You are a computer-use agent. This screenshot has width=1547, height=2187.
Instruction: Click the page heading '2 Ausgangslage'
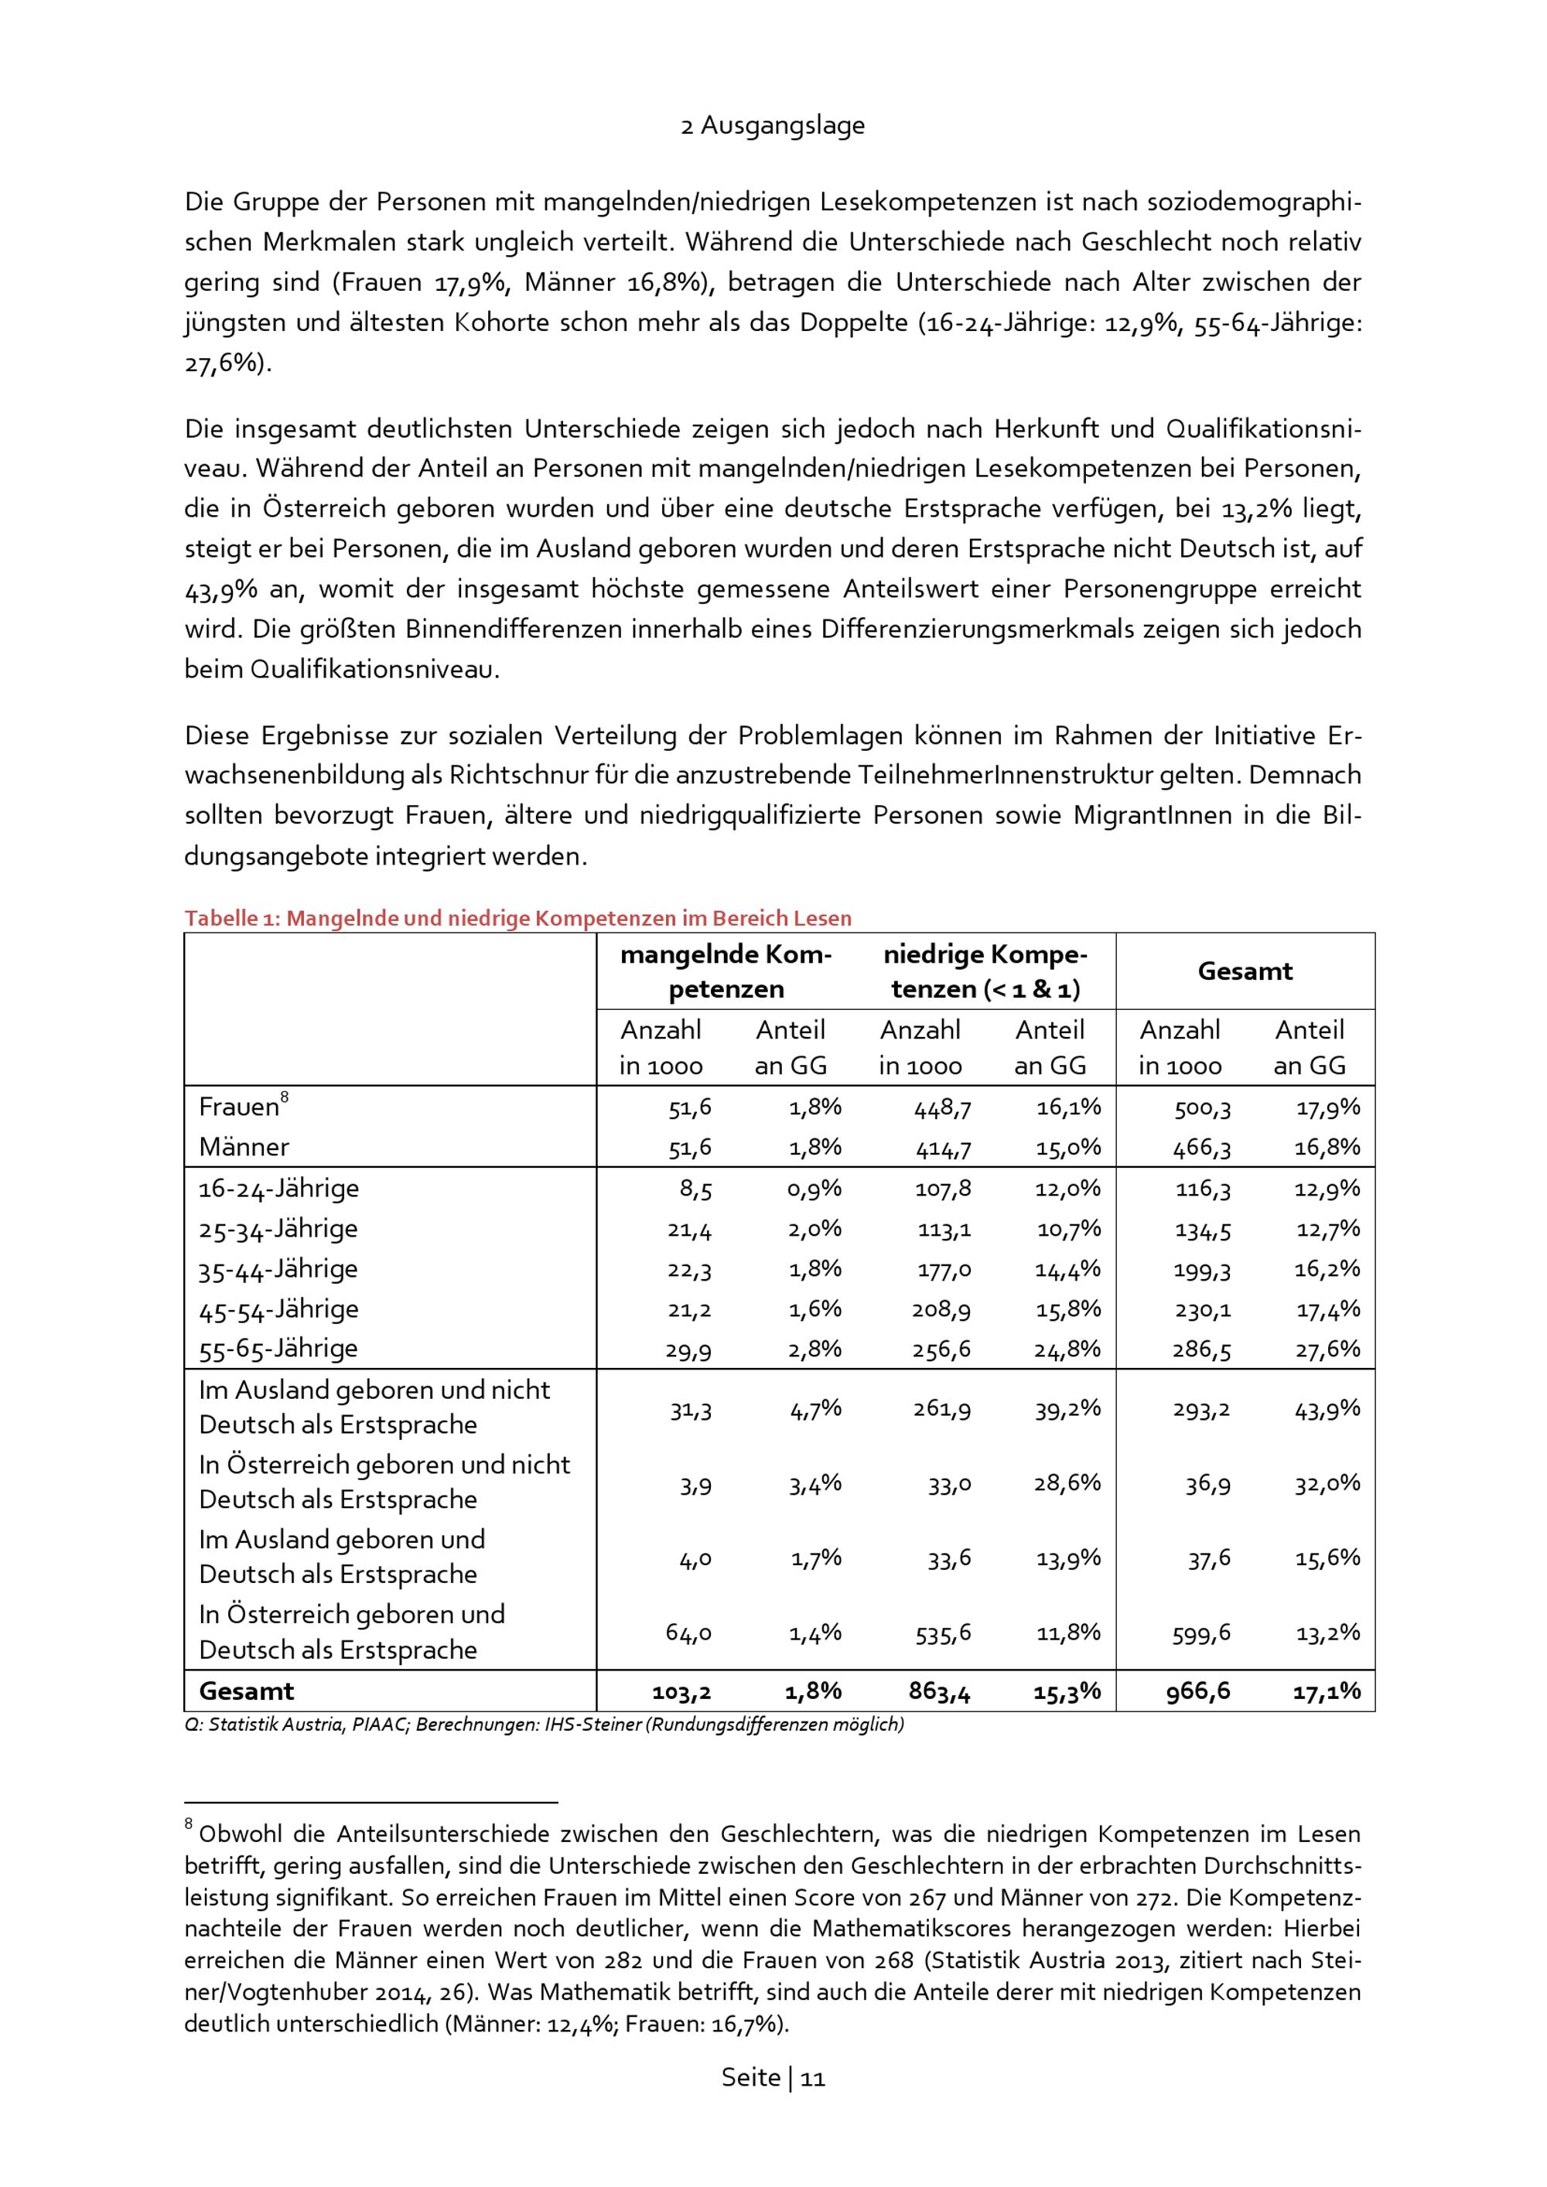[x=773, y=126]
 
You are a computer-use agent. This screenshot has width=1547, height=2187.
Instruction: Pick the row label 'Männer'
[x=244, y=1147]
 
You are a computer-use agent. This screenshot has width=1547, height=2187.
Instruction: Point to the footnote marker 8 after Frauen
[x=285, y=1097]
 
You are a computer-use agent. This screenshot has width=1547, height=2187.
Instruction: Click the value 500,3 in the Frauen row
[x=1202, y=1107]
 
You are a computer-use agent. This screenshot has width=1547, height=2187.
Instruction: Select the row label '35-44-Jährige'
[x=278, y=1270]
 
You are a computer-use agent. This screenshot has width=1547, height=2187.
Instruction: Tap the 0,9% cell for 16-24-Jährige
[x=815, y=1189]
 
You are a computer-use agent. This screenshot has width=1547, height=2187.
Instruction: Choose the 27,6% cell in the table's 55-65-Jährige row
[x=1328, y=1349]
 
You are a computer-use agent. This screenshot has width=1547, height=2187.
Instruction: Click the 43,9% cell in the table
[x=1328, y=1409]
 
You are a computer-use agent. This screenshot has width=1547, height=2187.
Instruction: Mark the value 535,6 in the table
[x=942, y=1633]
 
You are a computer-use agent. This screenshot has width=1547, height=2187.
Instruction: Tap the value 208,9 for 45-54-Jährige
[x=942, y=1310]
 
